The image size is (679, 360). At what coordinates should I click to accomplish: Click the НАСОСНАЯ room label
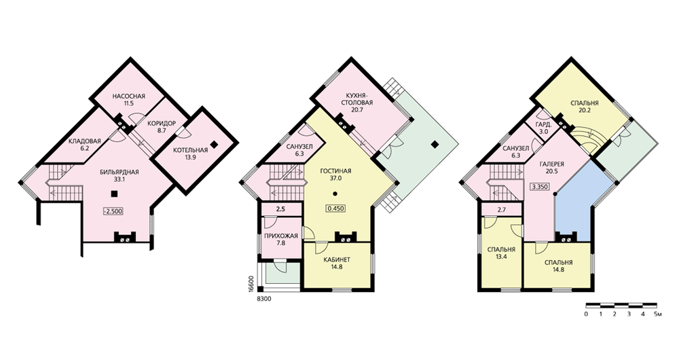[128, 96]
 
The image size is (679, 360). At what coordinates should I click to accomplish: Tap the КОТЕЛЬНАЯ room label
[191, 150]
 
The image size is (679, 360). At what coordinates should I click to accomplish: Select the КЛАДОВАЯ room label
[84, 141]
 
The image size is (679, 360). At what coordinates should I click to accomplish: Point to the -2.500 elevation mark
[113, 211]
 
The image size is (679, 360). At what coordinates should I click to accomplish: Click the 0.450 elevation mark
[336, 208]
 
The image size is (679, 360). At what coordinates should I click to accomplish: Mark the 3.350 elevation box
[540, 187]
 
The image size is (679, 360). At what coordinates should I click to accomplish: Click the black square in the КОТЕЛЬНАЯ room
[213, 144]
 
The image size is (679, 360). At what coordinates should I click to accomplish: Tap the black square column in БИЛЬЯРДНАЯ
[113, 194]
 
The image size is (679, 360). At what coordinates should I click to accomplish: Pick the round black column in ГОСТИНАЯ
[335, 193]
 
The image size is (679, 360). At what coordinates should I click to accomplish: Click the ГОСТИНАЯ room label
[335, 171]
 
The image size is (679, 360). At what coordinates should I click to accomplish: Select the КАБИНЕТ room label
[337, 260]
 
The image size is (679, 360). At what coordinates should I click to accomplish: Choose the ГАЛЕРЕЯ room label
[551, 164]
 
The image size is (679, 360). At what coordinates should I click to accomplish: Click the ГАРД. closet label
[543, 124]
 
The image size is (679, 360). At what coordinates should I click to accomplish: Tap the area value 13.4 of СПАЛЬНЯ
[501, 257]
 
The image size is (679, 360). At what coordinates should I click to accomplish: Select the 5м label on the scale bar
[658, 314]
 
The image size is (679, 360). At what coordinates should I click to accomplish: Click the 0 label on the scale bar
[586, 314]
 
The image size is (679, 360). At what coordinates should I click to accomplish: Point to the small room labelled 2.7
[502, 210]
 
